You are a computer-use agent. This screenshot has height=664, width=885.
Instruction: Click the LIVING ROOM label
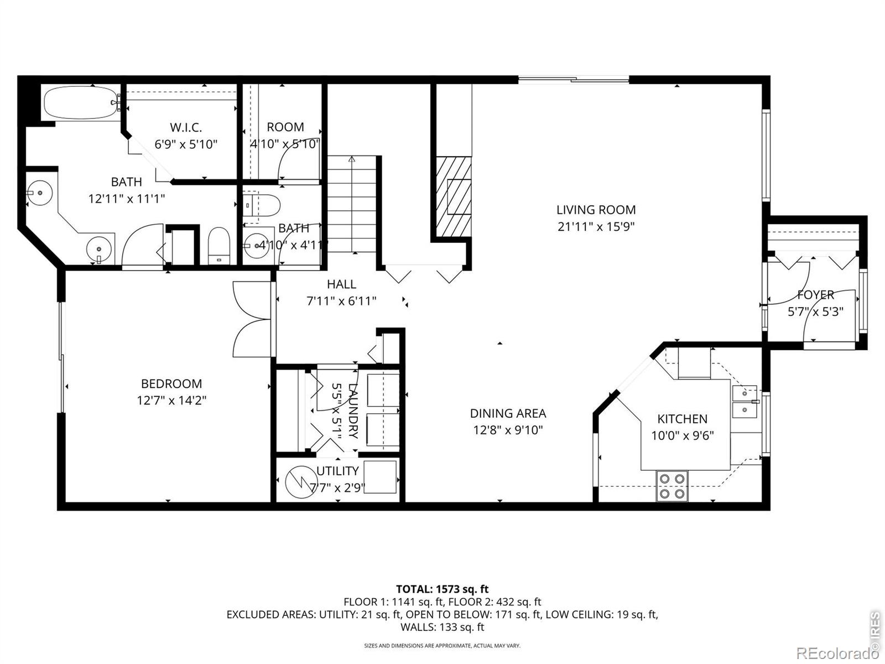[x=596, y=210]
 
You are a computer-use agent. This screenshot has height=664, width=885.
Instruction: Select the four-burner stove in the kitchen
[x=671, y=486]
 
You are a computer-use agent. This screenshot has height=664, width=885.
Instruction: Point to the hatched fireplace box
[x=454, y=197]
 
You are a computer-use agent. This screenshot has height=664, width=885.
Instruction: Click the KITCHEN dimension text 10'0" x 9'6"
[x=682, y=435]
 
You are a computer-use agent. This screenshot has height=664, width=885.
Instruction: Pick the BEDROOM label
[x=171, y=383]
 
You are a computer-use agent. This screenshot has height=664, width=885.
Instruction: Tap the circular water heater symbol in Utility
[x=299, y=482]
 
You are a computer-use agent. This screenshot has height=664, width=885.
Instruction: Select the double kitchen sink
[x=745, y=402]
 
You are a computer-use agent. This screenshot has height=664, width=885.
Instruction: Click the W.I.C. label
[x=186, y=127]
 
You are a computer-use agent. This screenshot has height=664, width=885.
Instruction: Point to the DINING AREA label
[x=508, y=413]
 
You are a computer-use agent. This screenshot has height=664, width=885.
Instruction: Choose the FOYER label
[x=815, y=295]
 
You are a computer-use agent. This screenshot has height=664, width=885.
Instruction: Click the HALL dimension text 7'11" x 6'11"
[x=341, y=301]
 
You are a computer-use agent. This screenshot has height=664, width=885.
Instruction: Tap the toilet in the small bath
[x=262, y=205]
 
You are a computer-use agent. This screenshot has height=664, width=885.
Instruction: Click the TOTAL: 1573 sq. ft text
[x=442, y=589]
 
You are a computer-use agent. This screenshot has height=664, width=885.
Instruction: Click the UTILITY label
[x=337, y=471]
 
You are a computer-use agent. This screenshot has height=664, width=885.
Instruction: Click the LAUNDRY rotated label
[x=353, y=411]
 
